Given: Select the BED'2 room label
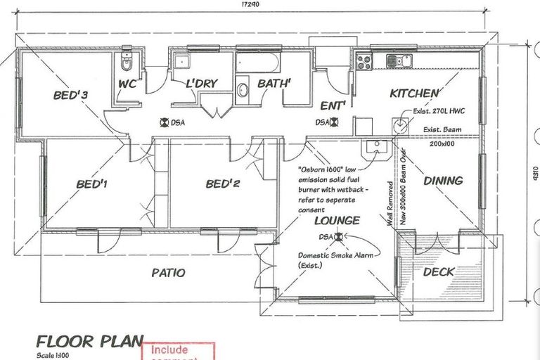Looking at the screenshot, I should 224,185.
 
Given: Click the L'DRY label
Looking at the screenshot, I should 201,84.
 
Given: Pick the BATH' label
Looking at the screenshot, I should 275,84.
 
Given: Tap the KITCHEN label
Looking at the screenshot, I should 415,94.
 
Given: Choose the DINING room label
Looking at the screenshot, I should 443,181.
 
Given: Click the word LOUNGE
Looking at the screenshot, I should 337,221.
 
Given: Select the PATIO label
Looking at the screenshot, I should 168,272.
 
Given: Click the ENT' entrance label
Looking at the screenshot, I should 333,106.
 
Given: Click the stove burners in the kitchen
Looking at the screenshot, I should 364,62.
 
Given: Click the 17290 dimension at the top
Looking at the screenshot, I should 250,5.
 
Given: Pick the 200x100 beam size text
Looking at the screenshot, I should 443,143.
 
